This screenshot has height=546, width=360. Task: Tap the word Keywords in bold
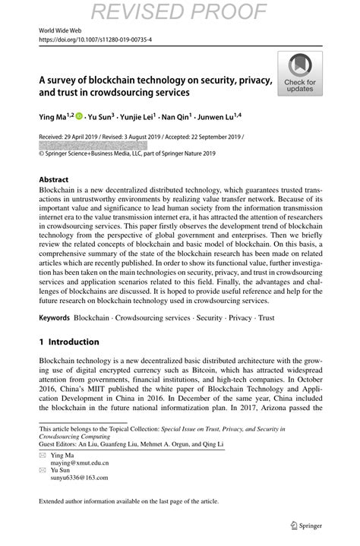[55, 317]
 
